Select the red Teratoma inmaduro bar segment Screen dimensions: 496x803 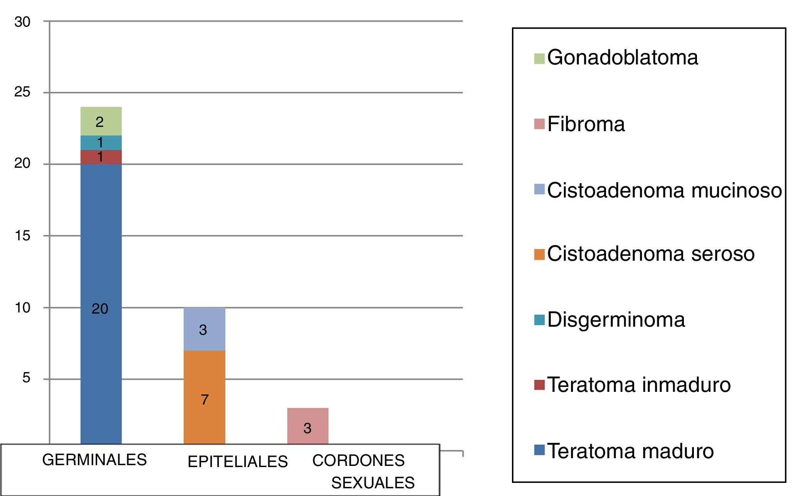click(x=101, y=157)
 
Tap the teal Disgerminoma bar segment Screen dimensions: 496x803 click(x=101, y=143)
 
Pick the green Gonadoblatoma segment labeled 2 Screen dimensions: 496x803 click(x=101, y=121)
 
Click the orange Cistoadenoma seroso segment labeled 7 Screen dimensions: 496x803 click(x=204, y=397)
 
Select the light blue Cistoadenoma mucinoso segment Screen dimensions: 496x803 click(x=204, y=329)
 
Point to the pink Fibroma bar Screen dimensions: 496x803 click(x=308, y=426)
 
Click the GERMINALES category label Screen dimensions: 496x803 click(x=94, y=460)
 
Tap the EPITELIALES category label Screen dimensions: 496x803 click(x=237, y=462)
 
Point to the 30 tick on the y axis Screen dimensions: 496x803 click(x=22, y=22)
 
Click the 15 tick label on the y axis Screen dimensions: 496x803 click(x=22, y=236)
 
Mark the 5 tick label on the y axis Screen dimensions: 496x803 click(x=26, y=378)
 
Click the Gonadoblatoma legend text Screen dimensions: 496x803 click(x=622, y=57)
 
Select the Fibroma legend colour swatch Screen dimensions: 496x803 click(x=539, y=124)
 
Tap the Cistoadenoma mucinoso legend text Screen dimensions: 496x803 click(x=664, y=190)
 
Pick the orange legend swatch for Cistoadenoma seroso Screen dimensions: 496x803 click(x=539, y=254)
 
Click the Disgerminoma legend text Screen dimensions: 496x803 click(x=616, y=320)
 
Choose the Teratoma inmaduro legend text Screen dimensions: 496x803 click(x=639, y=385)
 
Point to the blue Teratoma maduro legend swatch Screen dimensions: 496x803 click(x=539, y=450)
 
